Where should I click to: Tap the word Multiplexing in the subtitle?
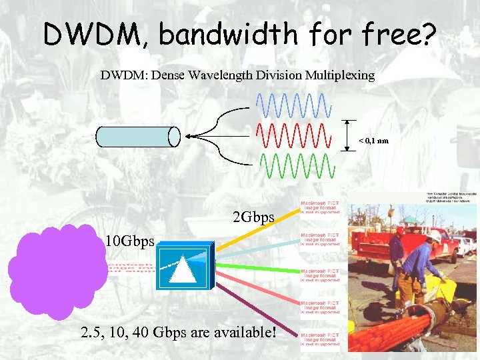point(340,75)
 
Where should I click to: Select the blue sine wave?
point(293,104)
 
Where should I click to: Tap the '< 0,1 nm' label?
point(374,141)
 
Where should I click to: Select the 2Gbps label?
point(253,217)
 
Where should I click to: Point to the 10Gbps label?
point(129,241)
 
